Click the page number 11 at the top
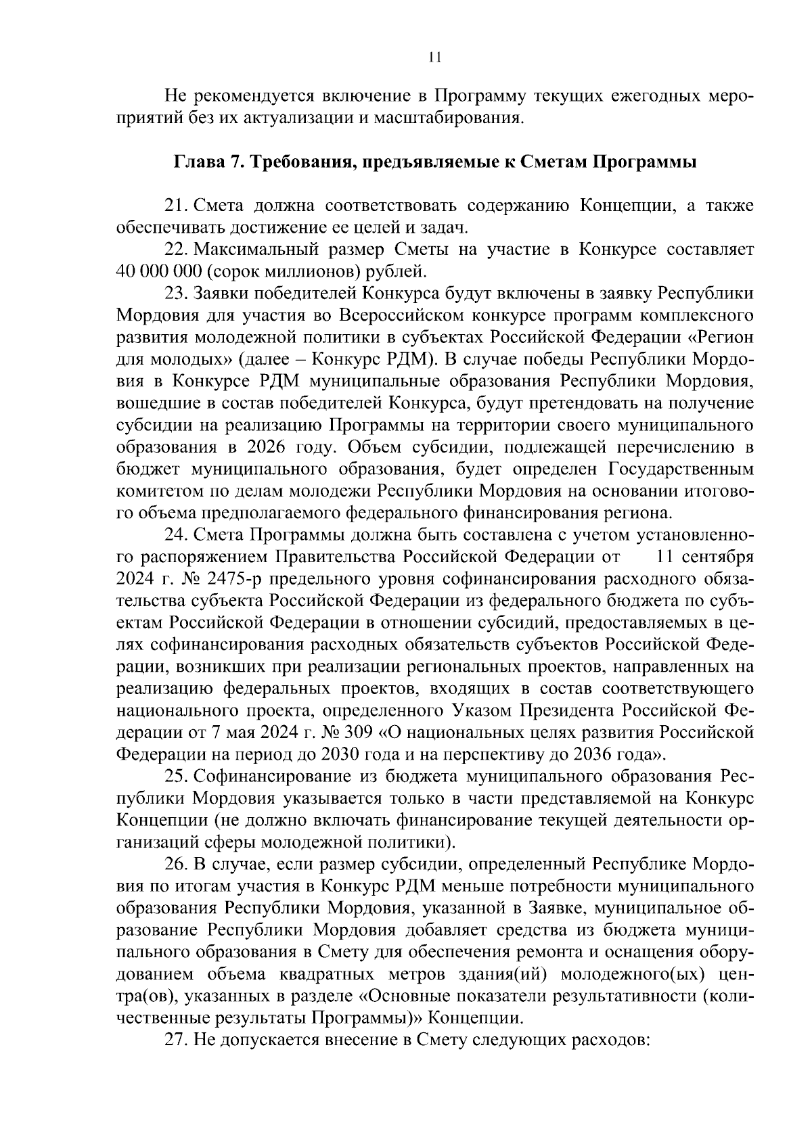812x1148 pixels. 435,58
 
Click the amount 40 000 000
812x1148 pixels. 157,271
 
